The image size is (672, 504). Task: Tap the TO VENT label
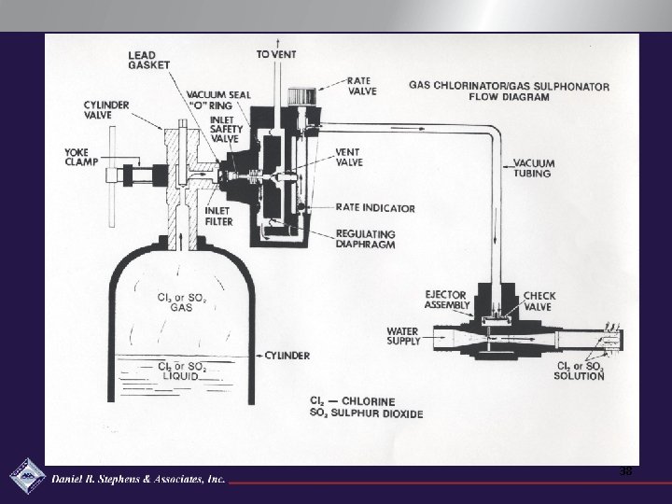point(276,54)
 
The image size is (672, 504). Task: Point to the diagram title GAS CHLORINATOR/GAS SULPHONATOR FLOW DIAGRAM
point(509,91)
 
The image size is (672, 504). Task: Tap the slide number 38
point(624,471)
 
